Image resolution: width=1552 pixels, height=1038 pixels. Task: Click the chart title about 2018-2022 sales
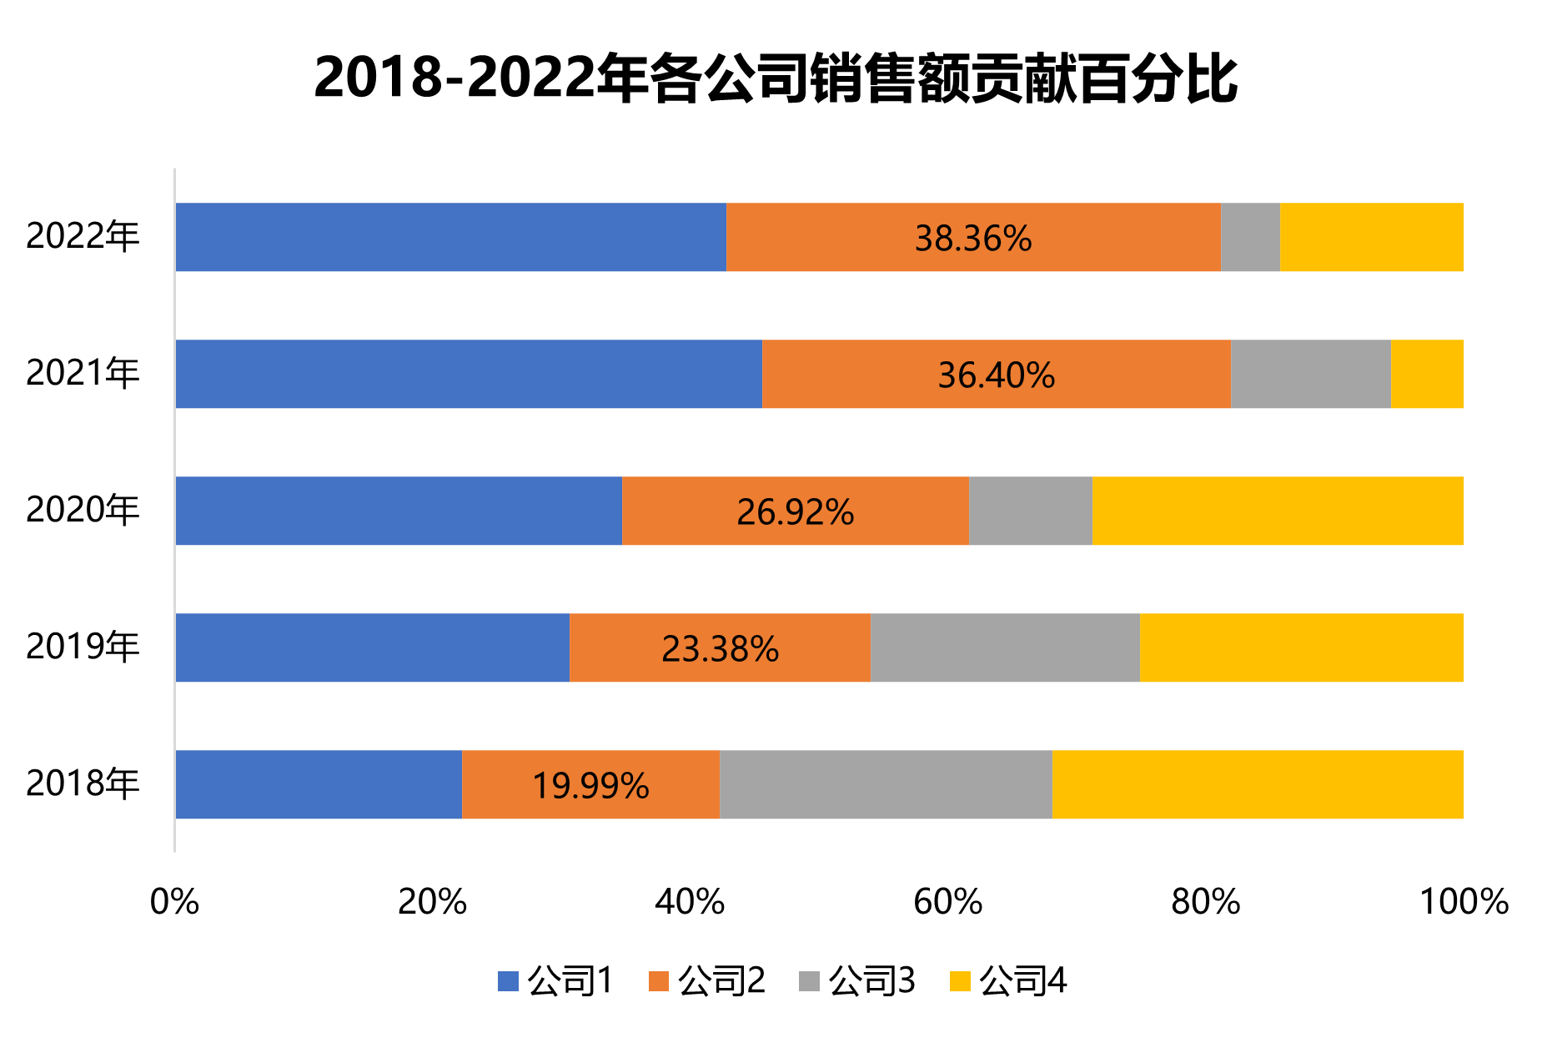[775, 78]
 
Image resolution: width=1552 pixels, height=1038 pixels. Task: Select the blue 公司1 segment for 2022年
[450, 237]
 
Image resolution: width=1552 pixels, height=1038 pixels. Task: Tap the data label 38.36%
[972, 239]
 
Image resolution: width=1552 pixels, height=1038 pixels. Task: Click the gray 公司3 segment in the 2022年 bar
[1250, 237]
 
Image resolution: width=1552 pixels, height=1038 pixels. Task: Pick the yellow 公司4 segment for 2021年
[1427, 374]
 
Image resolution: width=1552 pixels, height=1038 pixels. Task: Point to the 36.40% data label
[996, 375]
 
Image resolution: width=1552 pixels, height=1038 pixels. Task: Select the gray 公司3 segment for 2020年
[1030, 511]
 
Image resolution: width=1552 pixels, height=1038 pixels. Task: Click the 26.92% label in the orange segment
[795, 512]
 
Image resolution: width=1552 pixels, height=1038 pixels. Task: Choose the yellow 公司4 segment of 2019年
[1301, 647]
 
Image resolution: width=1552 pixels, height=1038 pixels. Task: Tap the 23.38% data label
[720, 649]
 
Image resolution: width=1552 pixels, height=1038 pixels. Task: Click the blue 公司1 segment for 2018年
[319, 784]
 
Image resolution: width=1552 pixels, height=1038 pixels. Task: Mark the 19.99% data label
[590, 786]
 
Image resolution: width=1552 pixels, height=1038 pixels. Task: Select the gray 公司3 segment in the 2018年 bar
[886, 784]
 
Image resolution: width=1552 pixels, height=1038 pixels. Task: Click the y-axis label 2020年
[83, 510]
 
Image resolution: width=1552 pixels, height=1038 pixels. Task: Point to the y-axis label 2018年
[83, 784]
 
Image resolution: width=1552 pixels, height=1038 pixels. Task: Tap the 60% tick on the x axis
[947, 902]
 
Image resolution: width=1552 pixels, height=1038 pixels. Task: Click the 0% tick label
[174, 902]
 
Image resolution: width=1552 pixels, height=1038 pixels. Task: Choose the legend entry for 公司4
[1008, 980]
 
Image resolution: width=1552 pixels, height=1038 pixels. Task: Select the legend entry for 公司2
[707, 980]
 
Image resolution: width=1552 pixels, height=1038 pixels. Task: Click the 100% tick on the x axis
[1464, 902]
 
